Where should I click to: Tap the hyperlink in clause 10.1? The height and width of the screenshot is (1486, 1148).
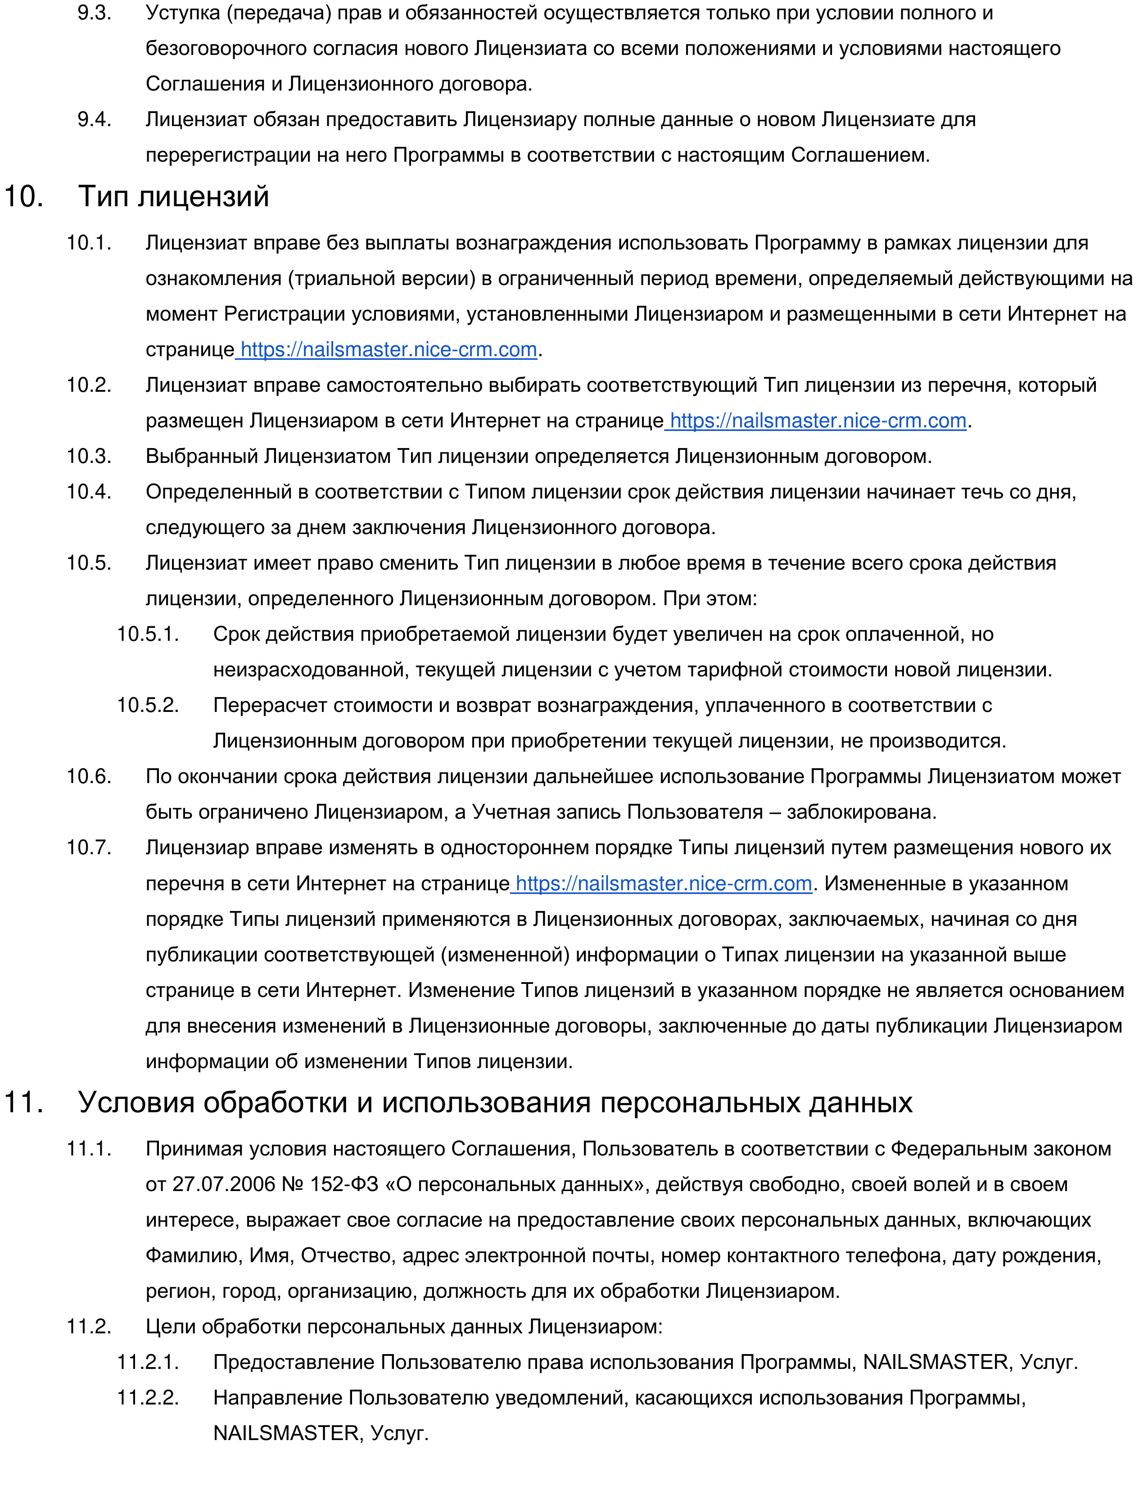tap(389, 350)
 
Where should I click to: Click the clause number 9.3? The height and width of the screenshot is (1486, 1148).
tap(95, 13)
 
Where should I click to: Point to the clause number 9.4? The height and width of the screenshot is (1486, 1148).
tap(95, 120)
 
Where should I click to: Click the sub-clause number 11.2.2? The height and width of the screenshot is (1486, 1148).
tap(148, 1398)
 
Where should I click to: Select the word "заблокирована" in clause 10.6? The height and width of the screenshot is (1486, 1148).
tap(860, 812)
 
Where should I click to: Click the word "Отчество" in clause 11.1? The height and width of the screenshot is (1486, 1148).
tap(345, 1255)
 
